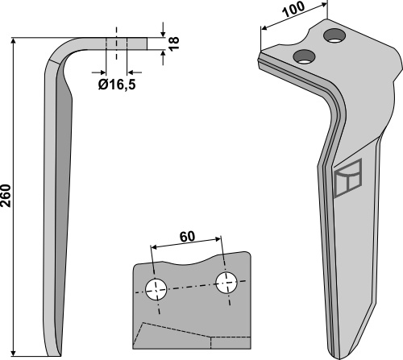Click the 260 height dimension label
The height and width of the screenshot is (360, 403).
6,196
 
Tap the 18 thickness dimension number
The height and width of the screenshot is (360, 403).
174,43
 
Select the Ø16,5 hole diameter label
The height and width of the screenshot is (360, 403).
117,85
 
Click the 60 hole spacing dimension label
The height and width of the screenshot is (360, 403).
187,236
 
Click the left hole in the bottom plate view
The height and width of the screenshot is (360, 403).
156,290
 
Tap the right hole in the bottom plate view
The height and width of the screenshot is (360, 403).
226,283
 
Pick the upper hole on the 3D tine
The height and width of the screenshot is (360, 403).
334,35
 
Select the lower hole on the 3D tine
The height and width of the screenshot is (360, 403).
305,56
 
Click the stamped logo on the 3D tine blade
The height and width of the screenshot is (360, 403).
348,178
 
